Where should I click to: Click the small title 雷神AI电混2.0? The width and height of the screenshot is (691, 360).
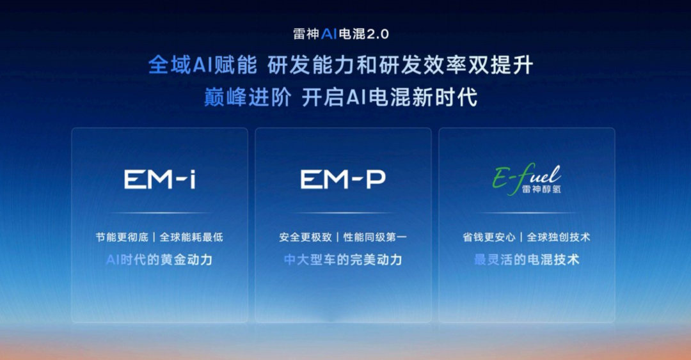[x=341, y=34]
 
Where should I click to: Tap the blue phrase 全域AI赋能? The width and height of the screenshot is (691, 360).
[x=203, y=66]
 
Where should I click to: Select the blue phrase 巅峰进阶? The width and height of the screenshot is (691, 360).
[x=248, y=97]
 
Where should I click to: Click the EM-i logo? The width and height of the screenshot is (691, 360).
[x=160, y=180]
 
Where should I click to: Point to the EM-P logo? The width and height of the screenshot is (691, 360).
[x=344, y=180]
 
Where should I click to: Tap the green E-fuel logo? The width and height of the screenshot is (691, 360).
[x=527, y=178]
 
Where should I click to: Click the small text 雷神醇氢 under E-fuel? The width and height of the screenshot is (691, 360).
[x=541, y=189]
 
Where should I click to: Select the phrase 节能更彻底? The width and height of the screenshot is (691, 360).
[x=122, y=237]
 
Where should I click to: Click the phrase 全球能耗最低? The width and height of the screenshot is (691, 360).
[x=191, y=237]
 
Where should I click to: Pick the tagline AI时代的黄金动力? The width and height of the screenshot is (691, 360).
[x=159, y=260]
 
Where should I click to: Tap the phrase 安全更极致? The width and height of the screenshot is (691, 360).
[x=305, y=237]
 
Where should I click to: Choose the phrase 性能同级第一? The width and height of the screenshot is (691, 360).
[x=375, y=237]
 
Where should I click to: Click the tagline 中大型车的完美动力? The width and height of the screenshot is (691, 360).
[x=344, y=260]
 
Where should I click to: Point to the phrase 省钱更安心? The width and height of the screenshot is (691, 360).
[x=489, y=237]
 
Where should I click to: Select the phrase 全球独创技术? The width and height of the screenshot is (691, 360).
[x=559, y=237]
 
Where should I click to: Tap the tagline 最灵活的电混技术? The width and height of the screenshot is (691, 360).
[x=527, y=260]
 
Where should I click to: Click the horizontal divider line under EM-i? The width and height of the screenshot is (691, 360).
[x=159, y=213]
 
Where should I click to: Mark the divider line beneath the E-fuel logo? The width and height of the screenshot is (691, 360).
[x=527, y=213]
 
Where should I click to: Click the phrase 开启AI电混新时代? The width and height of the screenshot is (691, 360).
[x=390, y=97]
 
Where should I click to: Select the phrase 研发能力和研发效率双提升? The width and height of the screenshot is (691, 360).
[x=401, y=66]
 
